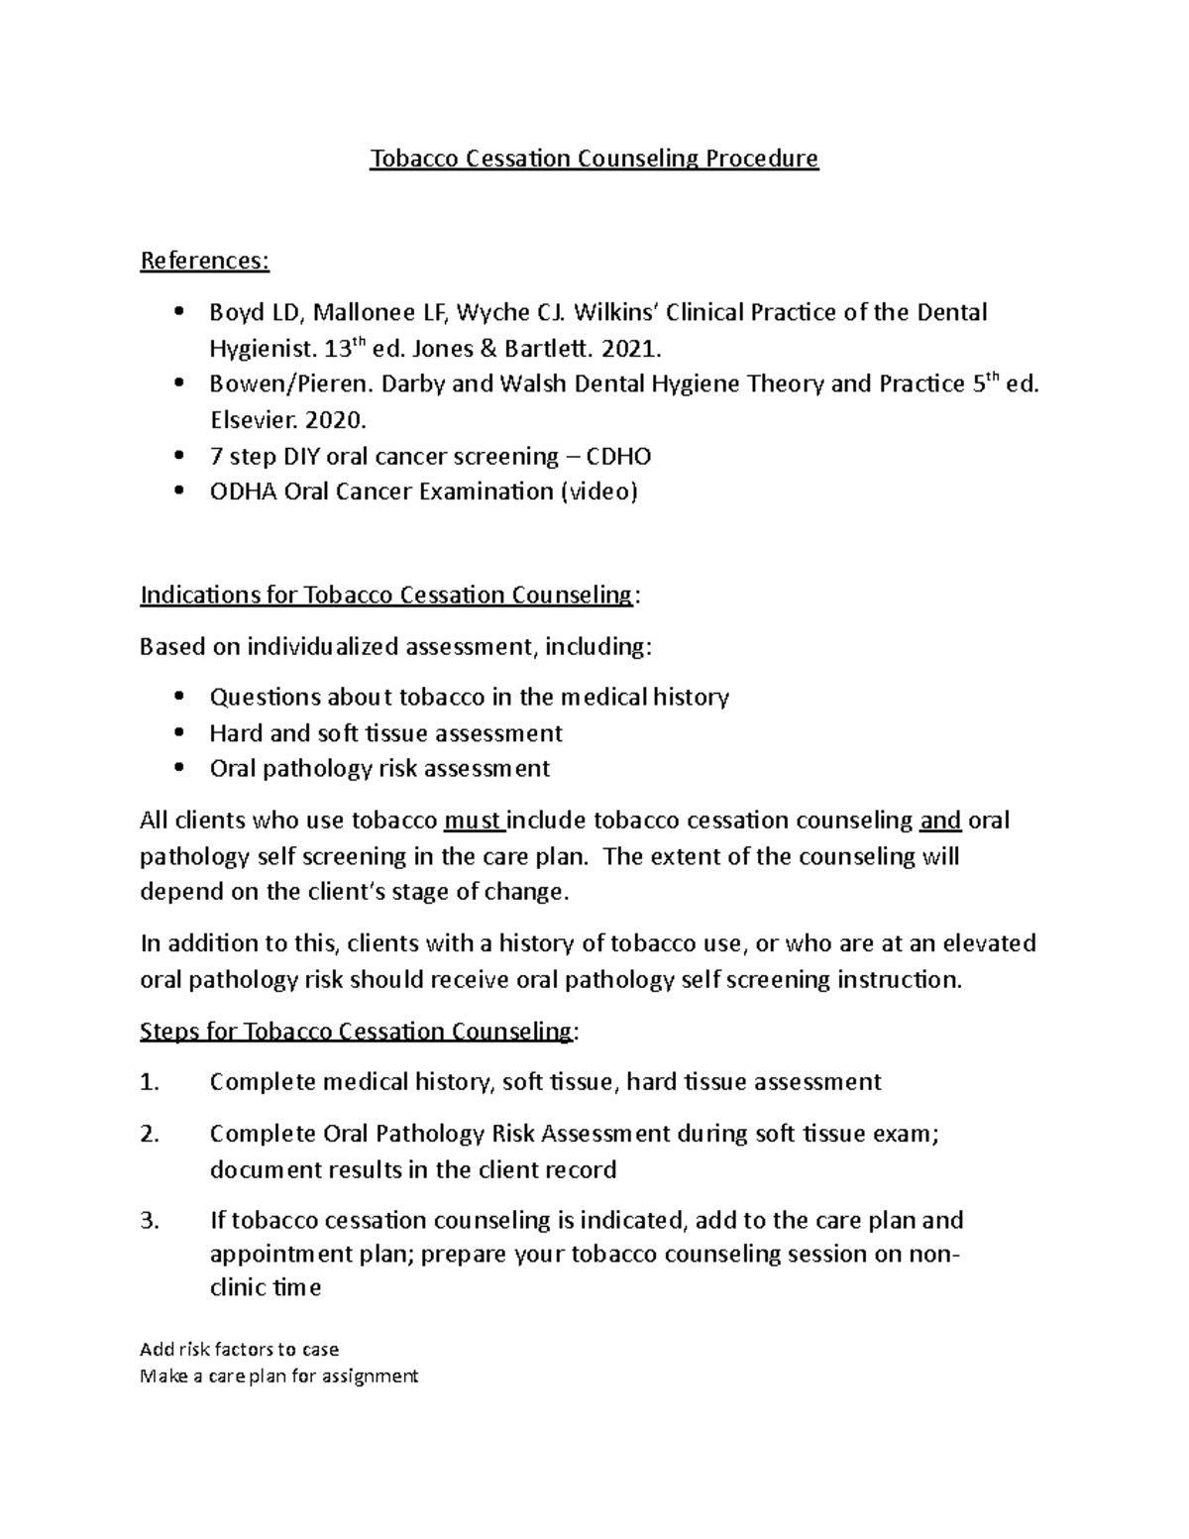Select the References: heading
point(204,261)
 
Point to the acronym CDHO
point(619,456)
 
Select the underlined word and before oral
point(940,821)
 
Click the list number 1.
point(150,1082)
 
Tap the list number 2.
point(150,1134)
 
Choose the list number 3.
point(150,1220)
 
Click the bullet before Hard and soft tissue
point(178,733)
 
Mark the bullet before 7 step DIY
point(178,456)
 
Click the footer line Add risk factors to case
point(240,1349)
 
